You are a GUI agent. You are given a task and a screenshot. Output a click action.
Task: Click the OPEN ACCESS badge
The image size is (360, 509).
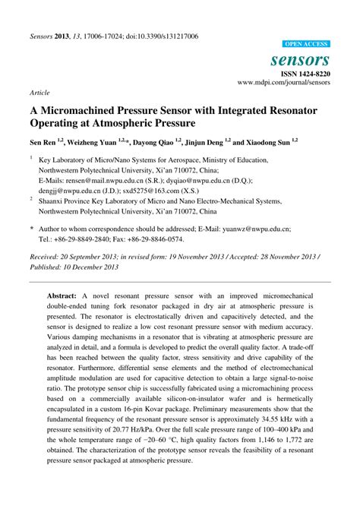306,44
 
